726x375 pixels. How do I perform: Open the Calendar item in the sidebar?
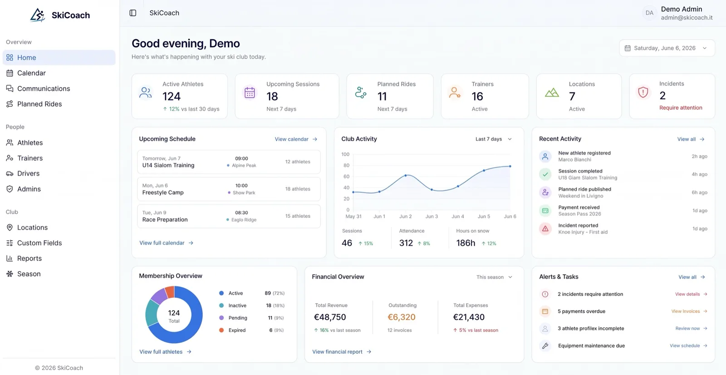31,73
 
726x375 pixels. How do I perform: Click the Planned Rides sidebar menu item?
39,104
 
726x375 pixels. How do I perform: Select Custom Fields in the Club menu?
39,242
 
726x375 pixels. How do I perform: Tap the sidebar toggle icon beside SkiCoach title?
133,13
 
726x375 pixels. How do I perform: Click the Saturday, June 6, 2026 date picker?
667,48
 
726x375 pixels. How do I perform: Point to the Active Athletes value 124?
172,96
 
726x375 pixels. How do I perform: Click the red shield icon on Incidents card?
643,93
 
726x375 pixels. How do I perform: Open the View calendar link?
296,139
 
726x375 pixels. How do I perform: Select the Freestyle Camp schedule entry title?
163,192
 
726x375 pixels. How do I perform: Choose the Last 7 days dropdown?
493,139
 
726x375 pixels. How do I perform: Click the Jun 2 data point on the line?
406,176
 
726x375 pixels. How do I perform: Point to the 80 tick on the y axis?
347,165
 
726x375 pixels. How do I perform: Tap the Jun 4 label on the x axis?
458,217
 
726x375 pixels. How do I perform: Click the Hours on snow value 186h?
466,243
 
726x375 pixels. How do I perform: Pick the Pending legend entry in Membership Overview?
238,318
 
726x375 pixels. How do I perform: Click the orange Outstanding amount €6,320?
401,317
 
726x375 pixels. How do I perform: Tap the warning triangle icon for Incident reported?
545,229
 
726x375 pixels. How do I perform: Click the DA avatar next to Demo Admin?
649,13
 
